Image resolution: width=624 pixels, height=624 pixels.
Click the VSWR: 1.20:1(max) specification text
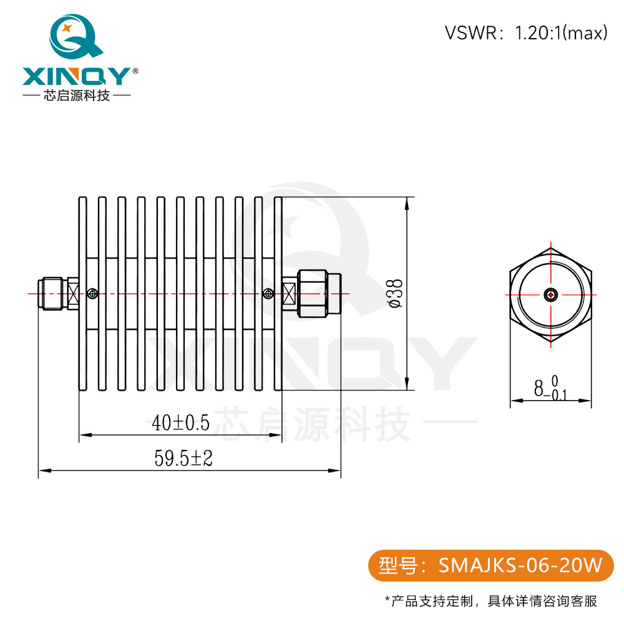(526, 33)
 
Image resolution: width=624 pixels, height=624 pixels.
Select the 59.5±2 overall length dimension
(184, 459)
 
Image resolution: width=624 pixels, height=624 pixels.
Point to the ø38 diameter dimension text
(395, 293)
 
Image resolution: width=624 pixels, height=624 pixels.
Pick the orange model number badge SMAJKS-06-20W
(490, 565)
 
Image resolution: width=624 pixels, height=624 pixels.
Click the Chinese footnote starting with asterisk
(490, 602)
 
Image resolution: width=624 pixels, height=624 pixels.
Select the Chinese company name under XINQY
(76, 96)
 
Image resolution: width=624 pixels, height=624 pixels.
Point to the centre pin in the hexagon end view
(550, 295)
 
